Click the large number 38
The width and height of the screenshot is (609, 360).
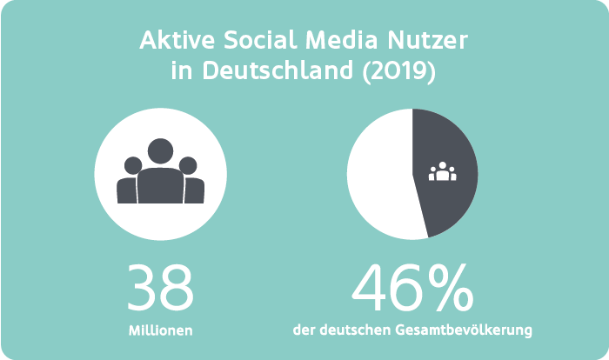160,288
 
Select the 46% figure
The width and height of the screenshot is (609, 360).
413,288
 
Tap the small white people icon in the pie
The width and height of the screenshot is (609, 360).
443,171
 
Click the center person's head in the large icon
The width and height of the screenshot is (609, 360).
160,151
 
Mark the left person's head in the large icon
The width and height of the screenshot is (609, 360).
133,165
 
